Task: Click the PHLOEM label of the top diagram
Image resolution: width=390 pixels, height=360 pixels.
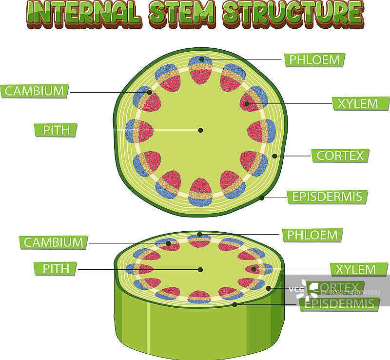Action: pyautogui.click(x=314, y=60)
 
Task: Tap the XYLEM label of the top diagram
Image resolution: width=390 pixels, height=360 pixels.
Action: pyautogui.click(x=361, y=103)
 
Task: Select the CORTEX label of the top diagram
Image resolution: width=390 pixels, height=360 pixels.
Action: pyautogui.click(x=340, y=156)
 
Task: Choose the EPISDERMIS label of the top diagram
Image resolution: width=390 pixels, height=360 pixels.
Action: pyautogui.click(x=327, y=197)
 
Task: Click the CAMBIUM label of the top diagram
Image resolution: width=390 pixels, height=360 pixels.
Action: pyautogui.click(x=35, y=91)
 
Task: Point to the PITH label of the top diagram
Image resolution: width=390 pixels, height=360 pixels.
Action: pyautogui.click(x=56, y=130)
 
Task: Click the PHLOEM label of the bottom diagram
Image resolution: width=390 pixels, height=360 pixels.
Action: pyautogui.click(x=312, y=235)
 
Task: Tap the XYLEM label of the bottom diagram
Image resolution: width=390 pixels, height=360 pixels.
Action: pyautogui.click(x=359, y=269)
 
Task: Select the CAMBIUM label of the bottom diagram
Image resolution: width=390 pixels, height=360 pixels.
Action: pyautogui.click(x=54, y=242)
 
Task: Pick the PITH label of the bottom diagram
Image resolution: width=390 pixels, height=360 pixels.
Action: pyautogui.click(x=56, y=268)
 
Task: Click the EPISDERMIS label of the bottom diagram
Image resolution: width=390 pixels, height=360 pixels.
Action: pyautogui.click(x=339, y=304)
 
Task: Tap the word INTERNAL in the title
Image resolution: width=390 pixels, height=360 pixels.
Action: pyautogui.click(x=81, y=13)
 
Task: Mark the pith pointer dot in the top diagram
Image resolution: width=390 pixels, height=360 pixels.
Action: pyautogui.click(x=200, y=130)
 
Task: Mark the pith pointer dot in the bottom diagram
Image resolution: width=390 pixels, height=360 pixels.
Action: pyautogui.click(x=200, y=269)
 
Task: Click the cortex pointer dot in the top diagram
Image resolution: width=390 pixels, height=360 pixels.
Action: pyautogui.click(x=274, y=156)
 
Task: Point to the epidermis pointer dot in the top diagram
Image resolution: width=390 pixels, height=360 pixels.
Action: pyautogui.click(x=262, y=198)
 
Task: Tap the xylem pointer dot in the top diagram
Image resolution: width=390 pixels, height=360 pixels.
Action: pyautogui.click(x=247, y=103)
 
